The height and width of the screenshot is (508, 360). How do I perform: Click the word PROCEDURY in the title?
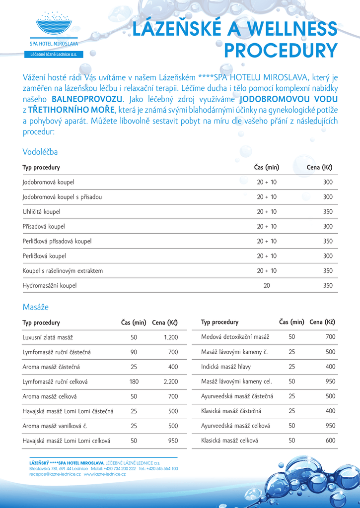click(x=281, y=51)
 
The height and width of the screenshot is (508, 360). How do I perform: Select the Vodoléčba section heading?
click(x=40, y=152)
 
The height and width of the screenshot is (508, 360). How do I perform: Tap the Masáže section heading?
click(x=36, y=307)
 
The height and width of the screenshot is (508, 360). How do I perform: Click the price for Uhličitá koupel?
click(x=328, y=212)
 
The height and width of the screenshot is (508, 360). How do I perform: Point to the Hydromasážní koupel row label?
click(x=50, y=286)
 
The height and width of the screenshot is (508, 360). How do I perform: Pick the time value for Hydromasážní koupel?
click(x=267, y=286)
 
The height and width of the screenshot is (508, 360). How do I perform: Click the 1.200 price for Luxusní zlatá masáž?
click(x=170, y=337)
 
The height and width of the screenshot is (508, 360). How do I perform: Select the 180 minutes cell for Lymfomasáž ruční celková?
click(x=134, y=382)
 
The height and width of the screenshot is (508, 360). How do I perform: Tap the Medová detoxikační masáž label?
click(x=235, y=337)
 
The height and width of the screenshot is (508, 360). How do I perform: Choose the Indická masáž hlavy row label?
click(x=226, y=367)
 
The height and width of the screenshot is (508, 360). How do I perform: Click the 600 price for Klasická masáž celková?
click(x=330, y=440)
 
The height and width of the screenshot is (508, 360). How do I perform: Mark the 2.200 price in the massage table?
click(x=170, y=382)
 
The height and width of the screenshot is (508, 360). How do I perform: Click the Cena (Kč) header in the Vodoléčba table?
click(x=319, y=168)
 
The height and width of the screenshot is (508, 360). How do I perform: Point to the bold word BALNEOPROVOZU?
click(x=87, y=99)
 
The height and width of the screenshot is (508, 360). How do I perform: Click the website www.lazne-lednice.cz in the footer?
click(x=105, y=474)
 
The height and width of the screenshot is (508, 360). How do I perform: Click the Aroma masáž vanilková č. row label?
click(x=55, y=426)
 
